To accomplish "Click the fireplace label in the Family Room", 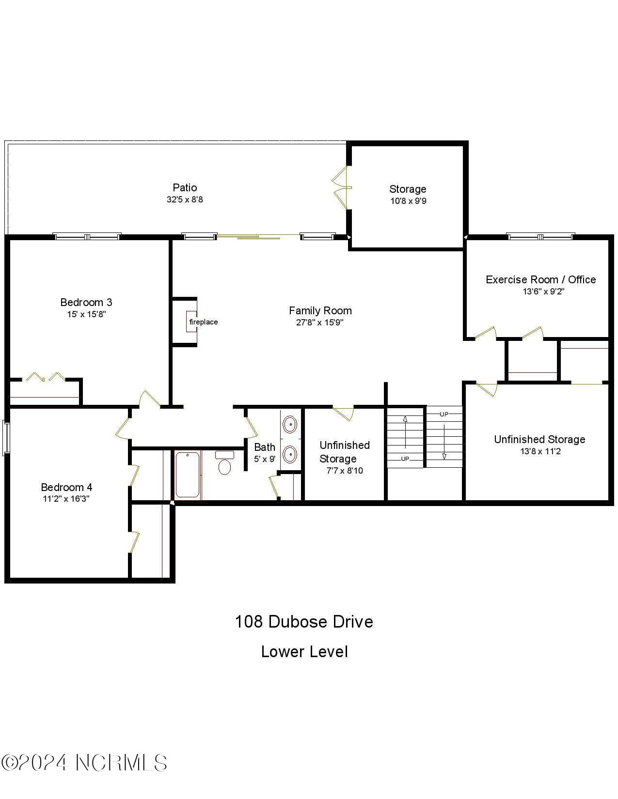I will (203, 322).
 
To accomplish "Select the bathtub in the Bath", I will (187, 475).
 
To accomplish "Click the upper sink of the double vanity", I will (289, 424).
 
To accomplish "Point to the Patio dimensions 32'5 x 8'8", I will (185, 200).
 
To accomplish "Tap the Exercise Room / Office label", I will (540, 279).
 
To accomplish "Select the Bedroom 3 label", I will (86, 302).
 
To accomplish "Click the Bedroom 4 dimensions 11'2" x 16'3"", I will (66, 499).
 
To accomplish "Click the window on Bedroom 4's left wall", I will (6, 437).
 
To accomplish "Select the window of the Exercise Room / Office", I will (540, 236).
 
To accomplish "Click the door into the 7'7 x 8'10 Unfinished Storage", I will (344, 413).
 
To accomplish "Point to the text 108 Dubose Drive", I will (304, 622).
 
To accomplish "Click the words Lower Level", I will (304, 652).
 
